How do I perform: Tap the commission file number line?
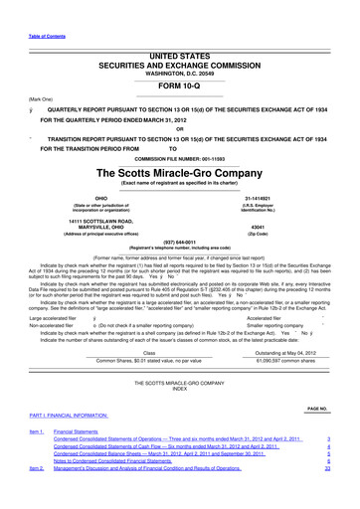point(180,156)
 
